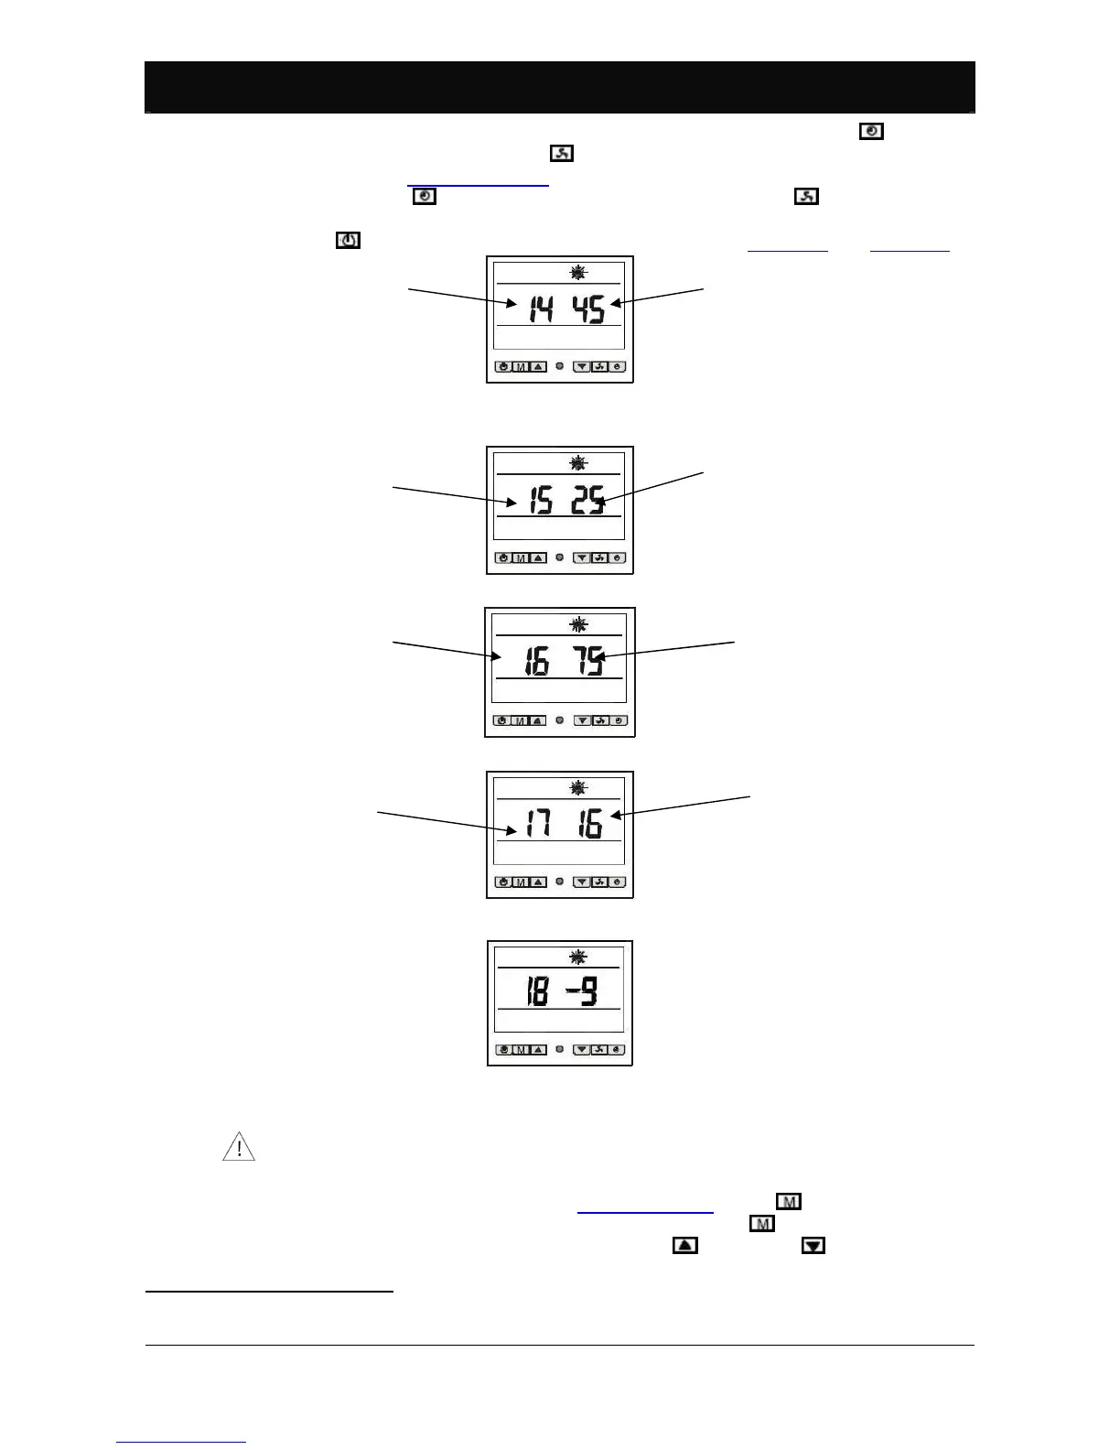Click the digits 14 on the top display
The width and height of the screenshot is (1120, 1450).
point(541,309)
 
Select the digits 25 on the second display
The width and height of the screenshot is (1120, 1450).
point(587,501)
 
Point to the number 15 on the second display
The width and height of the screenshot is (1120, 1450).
point(540,501)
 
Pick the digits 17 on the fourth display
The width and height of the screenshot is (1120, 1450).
point(538,826)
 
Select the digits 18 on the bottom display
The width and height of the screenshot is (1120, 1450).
point(536,991)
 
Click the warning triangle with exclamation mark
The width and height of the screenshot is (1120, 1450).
point(239,1147)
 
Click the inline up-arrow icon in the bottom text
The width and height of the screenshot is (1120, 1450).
point(685,1245)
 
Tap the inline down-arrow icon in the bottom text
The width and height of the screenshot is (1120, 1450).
point(813,1245)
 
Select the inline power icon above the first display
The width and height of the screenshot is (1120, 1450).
point(349,241)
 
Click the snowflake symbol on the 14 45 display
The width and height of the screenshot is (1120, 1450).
point(578,272)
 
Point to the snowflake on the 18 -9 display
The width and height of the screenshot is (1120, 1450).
point(577,958)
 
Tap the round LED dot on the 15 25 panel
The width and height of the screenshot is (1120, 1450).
point(560,557)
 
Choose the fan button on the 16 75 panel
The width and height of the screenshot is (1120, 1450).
point(600,720)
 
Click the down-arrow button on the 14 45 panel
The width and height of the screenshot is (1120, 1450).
point(583,367)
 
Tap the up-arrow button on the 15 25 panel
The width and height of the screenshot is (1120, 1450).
point(538,557)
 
